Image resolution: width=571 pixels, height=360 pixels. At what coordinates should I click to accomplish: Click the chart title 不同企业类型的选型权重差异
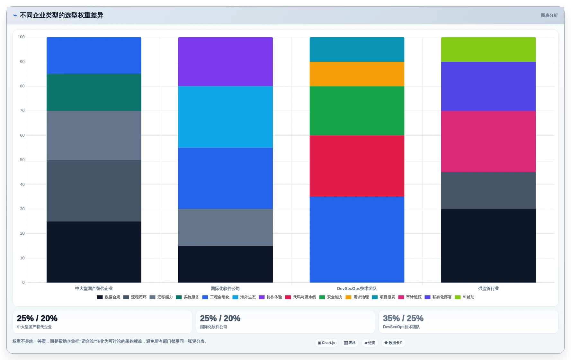61,15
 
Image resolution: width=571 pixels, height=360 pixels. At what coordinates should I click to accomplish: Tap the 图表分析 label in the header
549,15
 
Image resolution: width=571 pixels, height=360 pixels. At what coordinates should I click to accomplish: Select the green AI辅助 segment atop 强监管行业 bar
488,50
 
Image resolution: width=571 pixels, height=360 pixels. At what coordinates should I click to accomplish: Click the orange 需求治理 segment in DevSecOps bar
357,74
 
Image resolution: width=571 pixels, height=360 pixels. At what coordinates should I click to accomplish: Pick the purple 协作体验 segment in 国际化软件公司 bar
225,62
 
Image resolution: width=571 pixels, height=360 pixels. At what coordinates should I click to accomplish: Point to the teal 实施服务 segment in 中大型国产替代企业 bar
94,93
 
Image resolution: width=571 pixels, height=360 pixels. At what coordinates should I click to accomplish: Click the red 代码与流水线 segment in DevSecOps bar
357,166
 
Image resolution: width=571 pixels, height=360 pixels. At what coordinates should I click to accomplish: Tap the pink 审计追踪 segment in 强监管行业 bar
488,141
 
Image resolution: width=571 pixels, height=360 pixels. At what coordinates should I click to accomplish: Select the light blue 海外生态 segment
225,117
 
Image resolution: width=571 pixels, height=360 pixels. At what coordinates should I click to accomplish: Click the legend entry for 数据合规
109,297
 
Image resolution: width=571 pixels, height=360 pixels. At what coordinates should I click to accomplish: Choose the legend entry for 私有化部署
438,297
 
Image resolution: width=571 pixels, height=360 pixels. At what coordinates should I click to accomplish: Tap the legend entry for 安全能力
331,297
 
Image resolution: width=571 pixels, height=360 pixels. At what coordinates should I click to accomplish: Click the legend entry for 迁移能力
161,297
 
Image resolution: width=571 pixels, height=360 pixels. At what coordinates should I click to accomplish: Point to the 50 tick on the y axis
22,160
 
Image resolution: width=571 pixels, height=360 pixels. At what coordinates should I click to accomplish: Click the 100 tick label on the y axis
21,37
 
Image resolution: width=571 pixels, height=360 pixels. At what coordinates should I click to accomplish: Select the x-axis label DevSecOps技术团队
357,289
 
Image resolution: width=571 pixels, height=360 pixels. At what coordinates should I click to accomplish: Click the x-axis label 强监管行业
488,289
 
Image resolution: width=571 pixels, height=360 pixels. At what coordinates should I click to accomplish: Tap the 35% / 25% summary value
403,318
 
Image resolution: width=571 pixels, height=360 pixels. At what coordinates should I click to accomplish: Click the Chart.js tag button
326,343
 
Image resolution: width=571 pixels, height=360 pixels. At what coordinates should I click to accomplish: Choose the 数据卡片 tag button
394,343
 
